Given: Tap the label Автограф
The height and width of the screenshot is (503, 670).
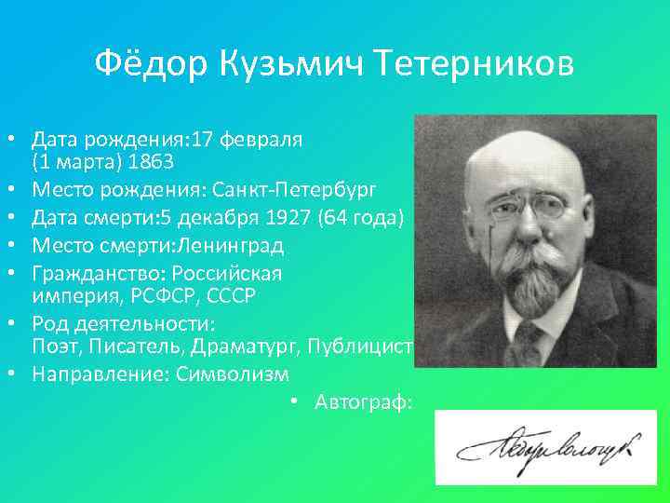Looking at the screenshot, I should [364, 402].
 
